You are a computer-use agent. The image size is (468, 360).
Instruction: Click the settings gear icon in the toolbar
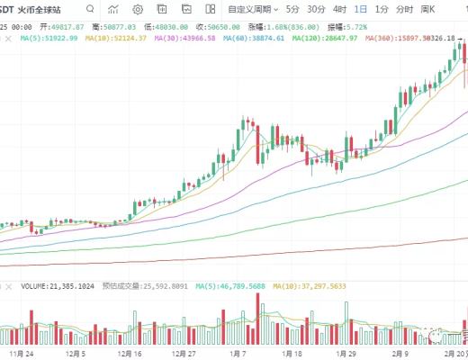[138, 10]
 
